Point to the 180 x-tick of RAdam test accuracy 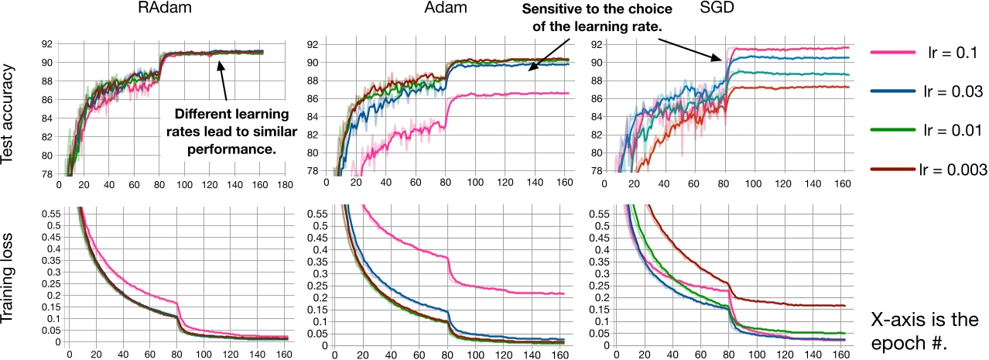(283, 187)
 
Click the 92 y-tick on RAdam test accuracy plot (48, 43)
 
